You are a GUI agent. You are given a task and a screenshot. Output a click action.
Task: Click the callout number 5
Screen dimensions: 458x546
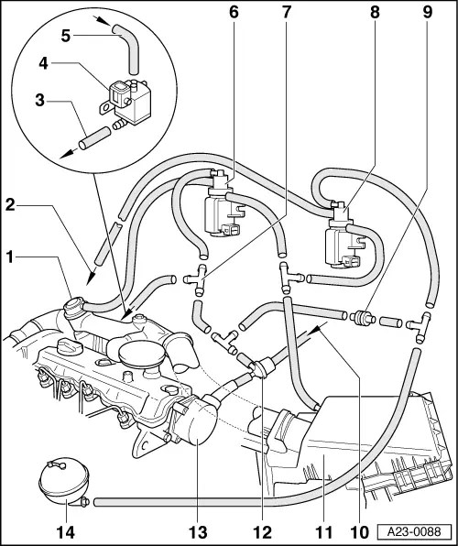(x=65, y=36)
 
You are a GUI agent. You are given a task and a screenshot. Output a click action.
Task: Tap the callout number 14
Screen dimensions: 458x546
(x=65, y=532)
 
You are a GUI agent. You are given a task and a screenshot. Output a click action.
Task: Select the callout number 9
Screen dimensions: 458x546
(x=427, y=12)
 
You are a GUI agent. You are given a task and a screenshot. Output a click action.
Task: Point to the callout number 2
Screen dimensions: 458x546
(x=10, y=205)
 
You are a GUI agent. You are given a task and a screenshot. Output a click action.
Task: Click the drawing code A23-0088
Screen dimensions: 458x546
(x=414, y=531)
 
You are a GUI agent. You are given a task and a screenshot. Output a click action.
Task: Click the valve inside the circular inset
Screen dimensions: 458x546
(x=129, y=102)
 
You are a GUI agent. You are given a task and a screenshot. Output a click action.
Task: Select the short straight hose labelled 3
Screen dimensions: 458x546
(x=94, y=138)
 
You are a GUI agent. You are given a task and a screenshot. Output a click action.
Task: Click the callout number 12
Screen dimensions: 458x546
(x=262, y=532)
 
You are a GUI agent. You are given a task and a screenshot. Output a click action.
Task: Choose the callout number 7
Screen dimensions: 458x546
(x=286, y=12)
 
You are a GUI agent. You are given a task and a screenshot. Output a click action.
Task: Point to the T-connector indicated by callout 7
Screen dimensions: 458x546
(x=196, y=280)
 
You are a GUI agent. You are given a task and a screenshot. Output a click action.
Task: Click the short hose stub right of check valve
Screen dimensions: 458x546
(x=391, y=322)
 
